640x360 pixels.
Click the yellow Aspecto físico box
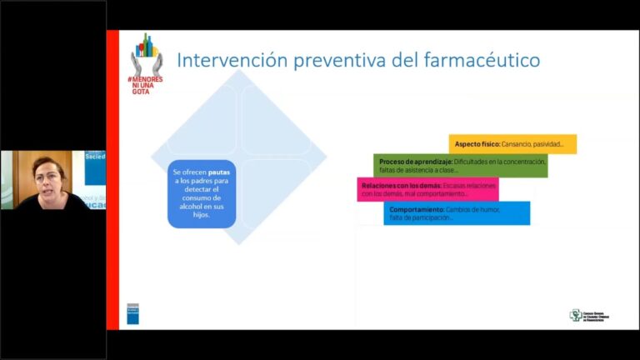(x=512, y=144)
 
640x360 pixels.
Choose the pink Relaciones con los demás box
(x=427, y=189)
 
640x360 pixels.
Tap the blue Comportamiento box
(x=457, y=213)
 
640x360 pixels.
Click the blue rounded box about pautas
(x=202, y=193)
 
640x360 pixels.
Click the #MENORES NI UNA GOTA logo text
(x=146, y=84)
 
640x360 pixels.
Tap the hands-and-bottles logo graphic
(x=147, y=56)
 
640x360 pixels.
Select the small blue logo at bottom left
(x=132, y=313)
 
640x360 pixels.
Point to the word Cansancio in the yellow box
(x=519, y=144)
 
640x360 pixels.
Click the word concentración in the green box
(x=522, y=161)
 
